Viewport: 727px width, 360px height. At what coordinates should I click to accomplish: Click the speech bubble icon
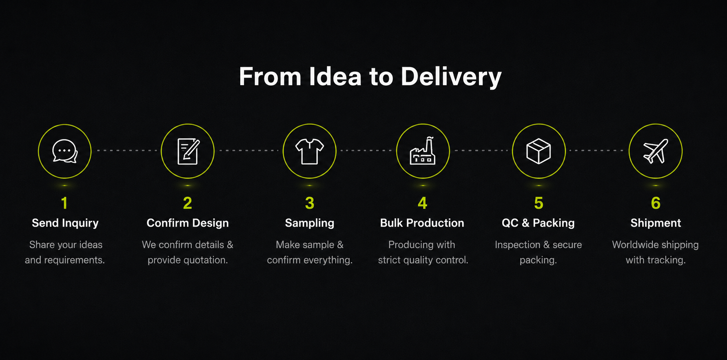click(x=65, y=151)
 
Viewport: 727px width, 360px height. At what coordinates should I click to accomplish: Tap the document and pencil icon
click(x=188, y=151)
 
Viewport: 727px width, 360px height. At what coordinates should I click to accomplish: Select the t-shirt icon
click(x=310, y=151)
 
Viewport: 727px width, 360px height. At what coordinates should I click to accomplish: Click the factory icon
click(x=423, y=151)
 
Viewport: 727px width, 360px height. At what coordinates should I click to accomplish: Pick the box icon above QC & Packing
click(x=539, y=151)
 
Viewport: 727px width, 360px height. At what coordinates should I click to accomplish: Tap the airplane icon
click(x=656, y=151)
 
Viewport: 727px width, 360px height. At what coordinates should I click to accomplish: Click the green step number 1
click(x=64, y=203)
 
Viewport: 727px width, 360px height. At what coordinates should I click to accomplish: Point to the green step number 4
click(x=423, y=203)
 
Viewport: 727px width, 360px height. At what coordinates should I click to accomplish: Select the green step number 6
click(x=656, y=203)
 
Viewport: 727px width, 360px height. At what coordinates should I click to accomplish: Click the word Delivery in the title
click(x=451, y=77)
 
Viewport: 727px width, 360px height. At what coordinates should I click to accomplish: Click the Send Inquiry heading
click(x=65, y=223)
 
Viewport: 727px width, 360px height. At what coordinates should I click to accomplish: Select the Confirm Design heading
click(x=188, y=223)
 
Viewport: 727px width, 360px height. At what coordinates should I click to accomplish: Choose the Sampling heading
click(x=310, y=223)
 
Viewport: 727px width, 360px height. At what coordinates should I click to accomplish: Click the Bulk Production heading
click(x=422, y=223)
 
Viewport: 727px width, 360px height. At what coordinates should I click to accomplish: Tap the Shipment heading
click(x=656, y=223)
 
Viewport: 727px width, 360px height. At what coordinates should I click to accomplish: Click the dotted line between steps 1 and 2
click(x=126, y=150)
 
